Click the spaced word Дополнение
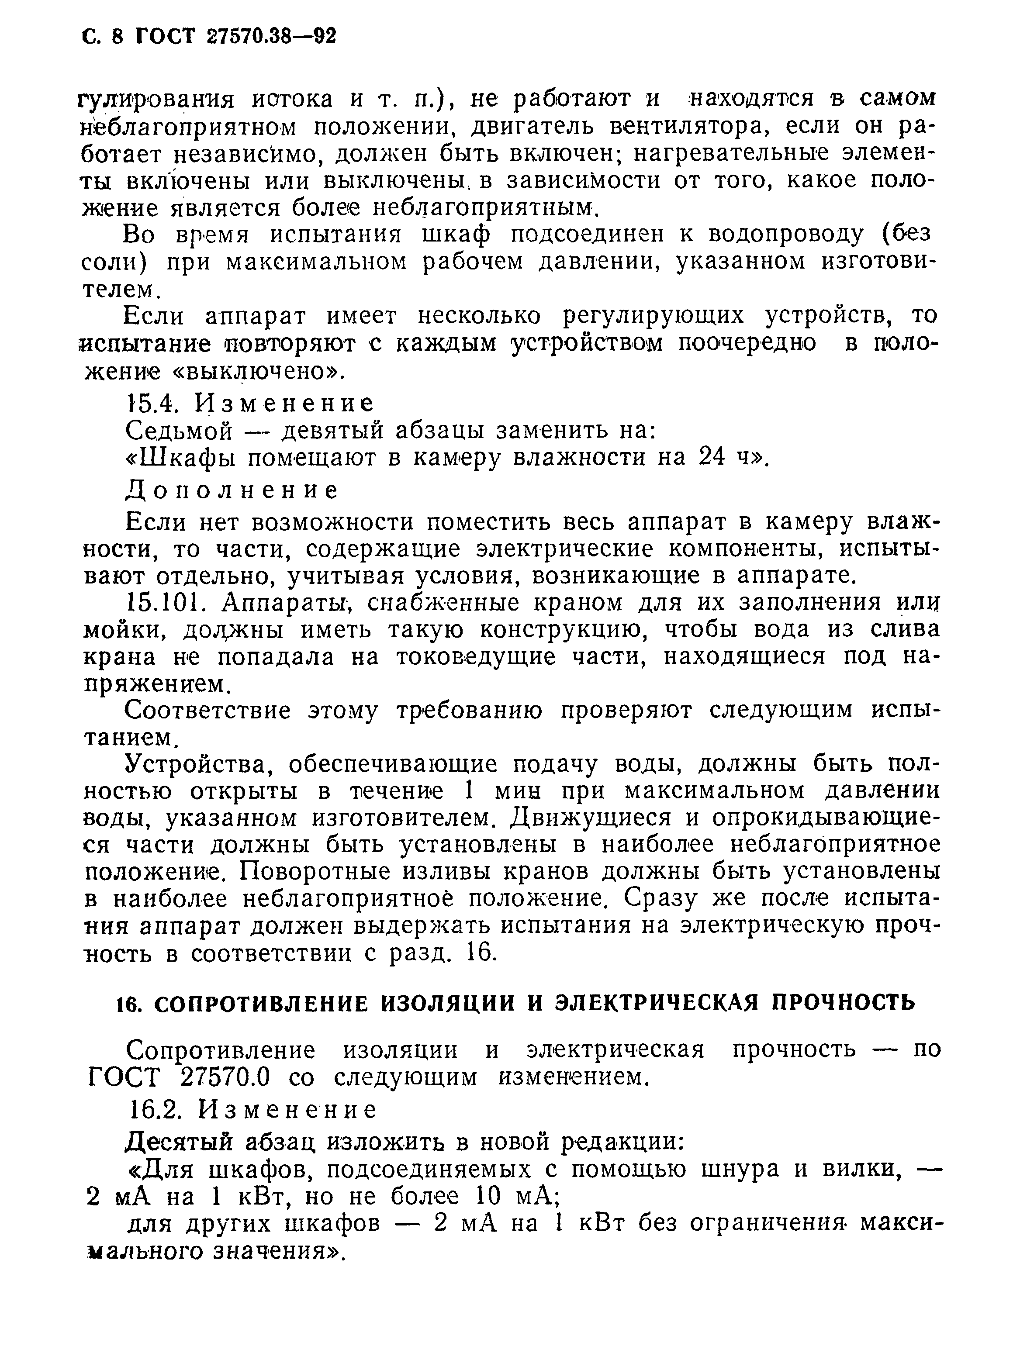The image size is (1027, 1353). [x=232, y=490]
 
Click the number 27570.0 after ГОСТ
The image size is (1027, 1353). [x=225, y=1077]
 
